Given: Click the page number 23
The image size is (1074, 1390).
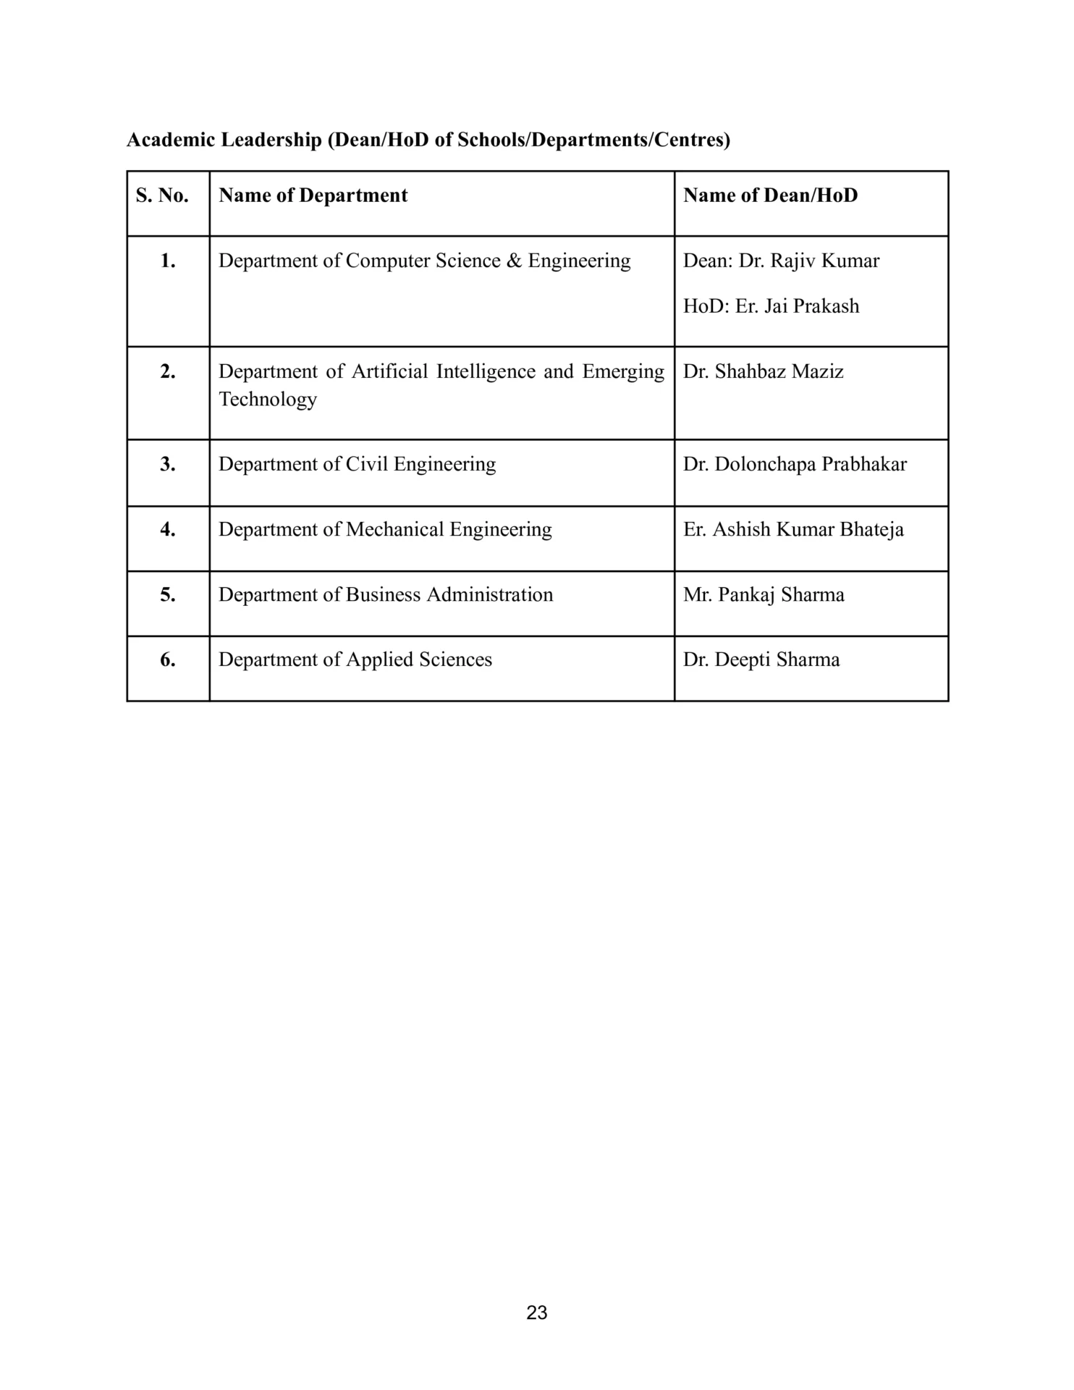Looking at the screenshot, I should [536, 1313].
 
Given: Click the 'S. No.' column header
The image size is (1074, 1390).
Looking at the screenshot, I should [162, 195].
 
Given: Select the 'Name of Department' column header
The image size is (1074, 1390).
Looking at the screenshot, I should [313, 195].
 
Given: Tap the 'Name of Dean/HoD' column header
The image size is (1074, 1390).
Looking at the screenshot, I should [770, 195].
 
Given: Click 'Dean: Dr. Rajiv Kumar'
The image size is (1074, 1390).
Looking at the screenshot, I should [781, 261].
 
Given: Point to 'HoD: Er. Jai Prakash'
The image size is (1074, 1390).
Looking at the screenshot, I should [771, 306].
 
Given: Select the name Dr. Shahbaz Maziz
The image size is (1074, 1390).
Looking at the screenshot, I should [763, 371].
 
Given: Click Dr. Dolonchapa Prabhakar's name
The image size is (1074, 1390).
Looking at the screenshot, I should [795, 464].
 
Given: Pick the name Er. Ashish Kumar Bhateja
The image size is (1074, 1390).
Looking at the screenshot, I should [793, 529].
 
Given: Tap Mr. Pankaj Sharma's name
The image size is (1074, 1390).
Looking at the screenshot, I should [764, 594].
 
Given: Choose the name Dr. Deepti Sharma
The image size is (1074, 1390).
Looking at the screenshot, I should [761, 660].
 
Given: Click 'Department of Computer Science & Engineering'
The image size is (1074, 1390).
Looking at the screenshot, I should [424, 261].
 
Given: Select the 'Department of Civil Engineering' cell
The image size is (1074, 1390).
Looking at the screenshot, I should [357, 464].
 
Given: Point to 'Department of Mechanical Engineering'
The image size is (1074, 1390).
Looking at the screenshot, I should [385, 529].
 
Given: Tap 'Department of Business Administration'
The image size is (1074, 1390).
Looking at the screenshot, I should [386, 594].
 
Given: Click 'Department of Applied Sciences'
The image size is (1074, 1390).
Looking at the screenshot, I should [355, 660].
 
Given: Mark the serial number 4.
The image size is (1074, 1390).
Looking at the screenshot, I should [168, 529].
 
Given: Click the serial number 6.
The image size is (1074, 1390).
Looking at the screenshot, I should [168, 660].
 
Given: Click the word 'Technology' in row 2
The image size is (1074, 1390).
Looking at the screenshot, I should [268, 400].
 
